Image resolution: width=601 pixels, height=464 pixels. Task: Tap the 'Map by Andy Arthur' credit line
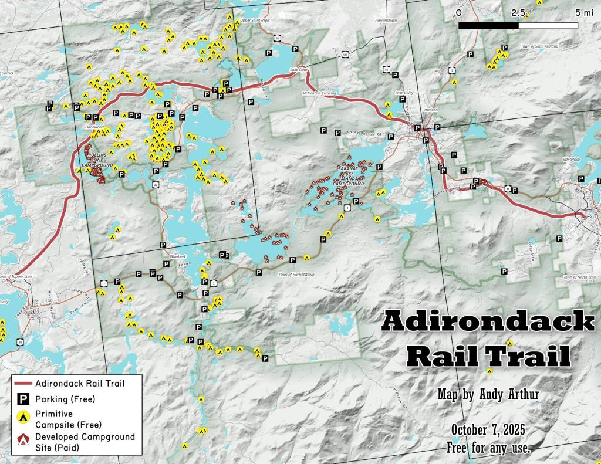(x=488, y=394)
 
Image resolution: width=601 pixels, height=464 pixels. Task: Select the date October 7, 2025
(x=488, y=430)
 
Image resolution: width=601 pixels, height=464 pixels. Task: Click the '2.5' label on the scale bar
(x=518, y=12)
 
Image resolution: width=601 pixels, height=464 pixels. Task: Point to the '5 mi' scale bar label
(x=585, y=12)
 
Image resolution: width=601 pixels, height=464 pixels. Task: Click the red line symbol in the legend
(x=23, y=383)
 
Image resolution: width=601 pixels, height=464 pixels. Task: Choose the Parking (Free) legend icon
(x=23, y=399)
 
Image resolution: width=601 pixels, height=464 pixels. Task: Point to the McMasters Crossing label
(x=319, y=93)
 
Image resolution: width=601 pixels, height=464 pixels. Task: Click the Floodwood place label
(x=94, y=126)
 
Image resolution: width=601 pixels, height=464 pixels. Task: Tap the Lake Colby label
(x=404, y=93)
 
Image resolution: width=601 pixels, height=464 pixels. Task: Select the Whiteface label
(x=571, y=159)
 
